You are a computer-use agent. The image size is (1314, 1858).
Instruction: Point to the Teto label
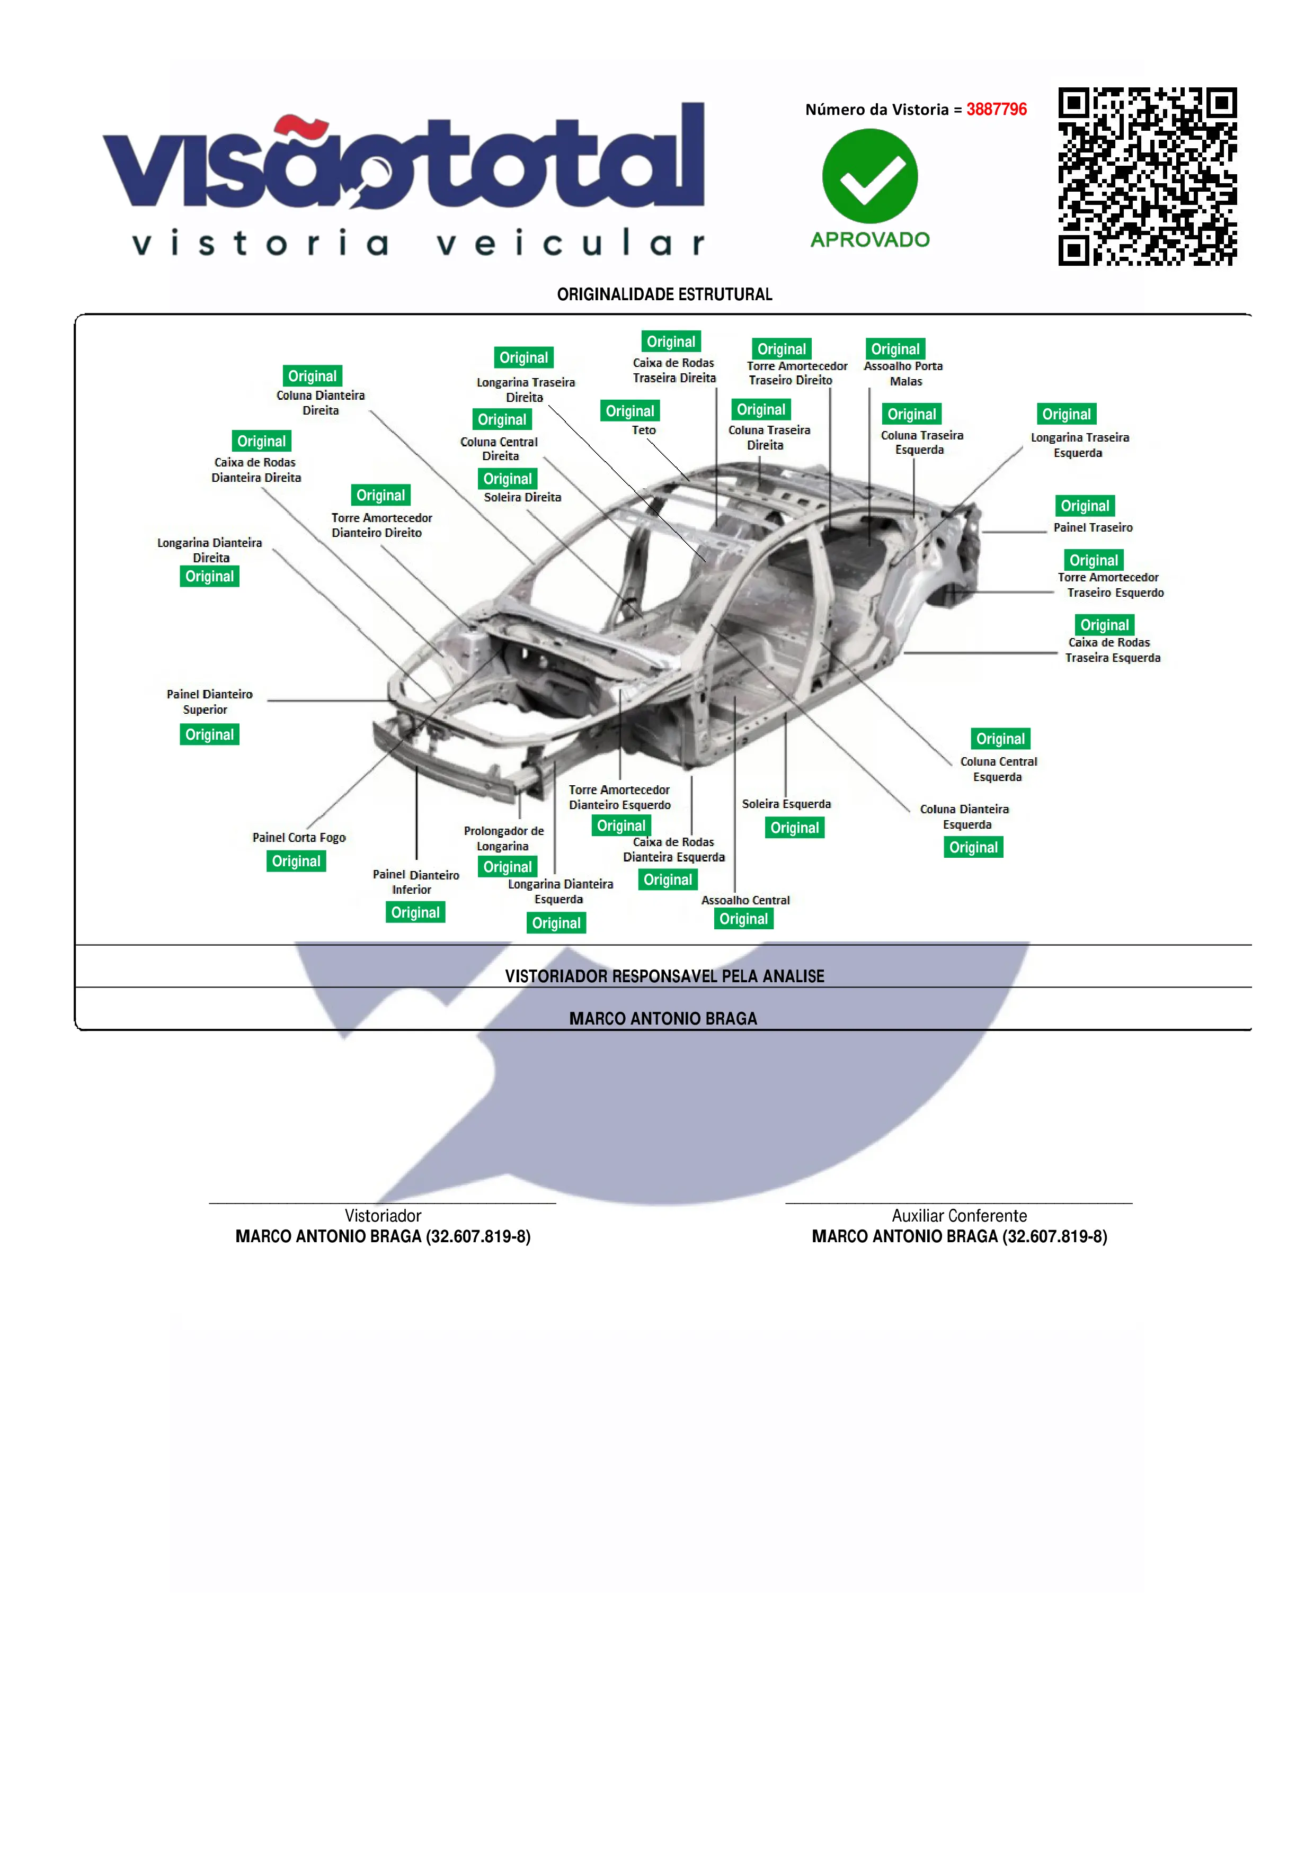(x=644, y=430)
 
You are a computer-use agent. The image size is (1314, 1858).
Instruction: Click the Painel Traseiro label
(x=1092, y=527)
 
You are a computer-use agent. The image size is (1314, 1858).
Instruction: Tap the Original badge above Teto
(x=630, y=411)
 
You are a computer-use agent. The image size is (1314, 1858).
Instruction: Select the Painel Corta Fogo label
(x=299, y=838)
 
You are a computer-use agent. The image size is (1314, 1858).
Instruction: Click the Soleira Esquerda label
(x=786, y=804)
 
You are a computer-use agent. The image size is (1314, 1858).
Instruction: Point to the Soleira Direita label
(x=522, y=498)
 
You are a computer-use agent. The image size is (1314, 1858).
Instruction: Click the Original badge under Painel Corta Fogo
(x=296, y=861)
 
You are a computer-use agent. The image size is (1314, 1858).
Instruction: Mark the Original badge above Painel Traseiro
(x=1085, y=506)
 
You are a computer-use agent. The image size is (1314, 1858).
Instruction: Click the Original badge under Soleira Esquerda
(x=794, y=828)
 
